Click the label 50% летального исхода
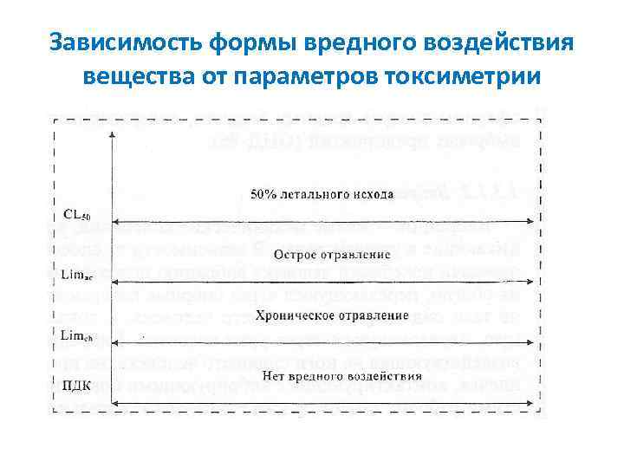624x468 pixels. [322, 192]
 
